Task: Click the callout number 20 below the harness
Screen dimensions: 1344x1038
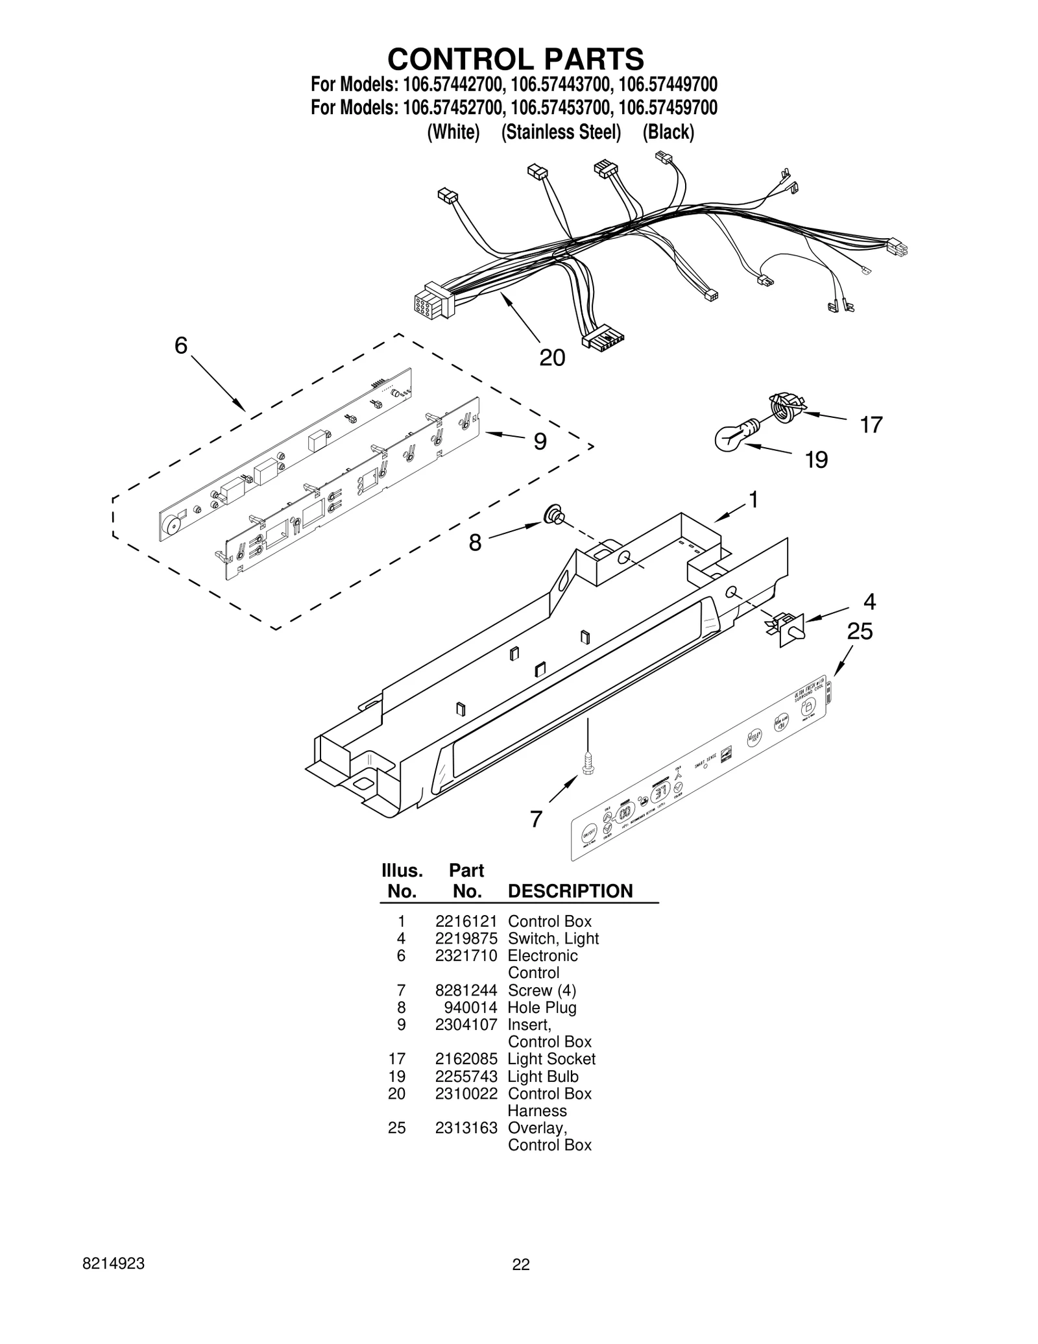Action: coord(552,358)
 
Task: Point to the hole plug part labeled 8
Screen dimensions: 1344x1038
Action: coord(553,515)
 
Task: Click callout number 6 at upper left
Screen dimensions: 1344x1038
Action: coord(181,346)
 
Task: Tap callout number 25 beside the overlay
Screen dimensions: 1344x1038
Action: coord(860,631)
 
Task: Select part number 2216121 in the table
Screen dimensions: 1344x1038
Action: coord(466,922)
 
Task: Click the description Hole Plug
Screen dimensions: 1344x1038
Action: coord(542,1008)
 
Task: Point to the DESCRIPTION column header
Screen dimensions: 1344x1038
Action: coord(570,891)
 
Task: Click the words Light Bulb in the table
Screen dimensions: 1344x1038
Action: coord(543,1077)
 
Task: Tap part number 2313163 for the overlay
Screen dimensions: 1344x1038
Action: coord(466,1128)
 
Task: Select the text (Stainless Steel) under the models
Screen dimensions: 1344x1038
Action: coord(561,132)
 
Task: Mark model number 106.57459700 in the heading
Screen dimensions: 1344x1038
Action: coord(668,108)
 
